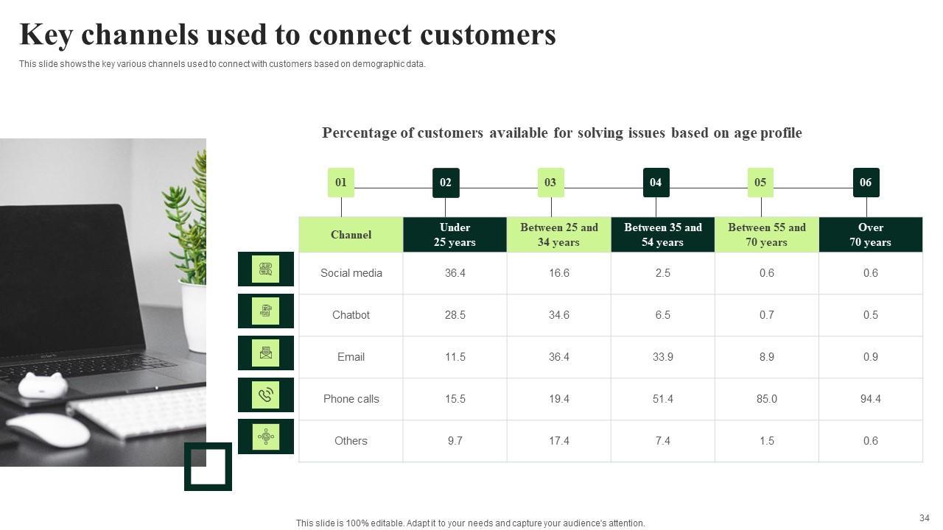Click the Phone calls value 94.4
pyautogui.click(x=870, y=399)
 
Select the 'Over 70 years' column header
pyautogui.click(x=870, y=235)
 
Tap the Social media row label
pyautogui.click(x=351, y=273)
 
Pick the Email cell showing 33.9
pyautogui.click(x=662, y=357)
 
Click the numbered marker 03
pyautogui.click(x=550, y=183)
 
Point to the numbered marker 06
pyautogui.click(x=866, y=183)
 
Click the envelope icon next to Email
pyautogui.click(x=266, y=353)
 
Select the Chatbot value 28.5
pyautogui.click(x=455, y=315)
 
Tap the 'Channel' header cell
pyautogui.click(x=351, y=235)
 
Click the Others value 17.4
pyautogui.click(x=558, y=441)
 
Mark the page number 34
pyautogui.click(x=925, y=518)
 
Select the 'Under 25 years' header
pyautogui.click(x=455, y=235)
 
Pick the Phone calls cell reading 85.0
pyautogui.click(x=766, y=399)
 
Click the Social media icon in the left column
pyautogui.click(x=266, y=269)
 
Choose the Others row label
pyautogui.click(x=351, y=441)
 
